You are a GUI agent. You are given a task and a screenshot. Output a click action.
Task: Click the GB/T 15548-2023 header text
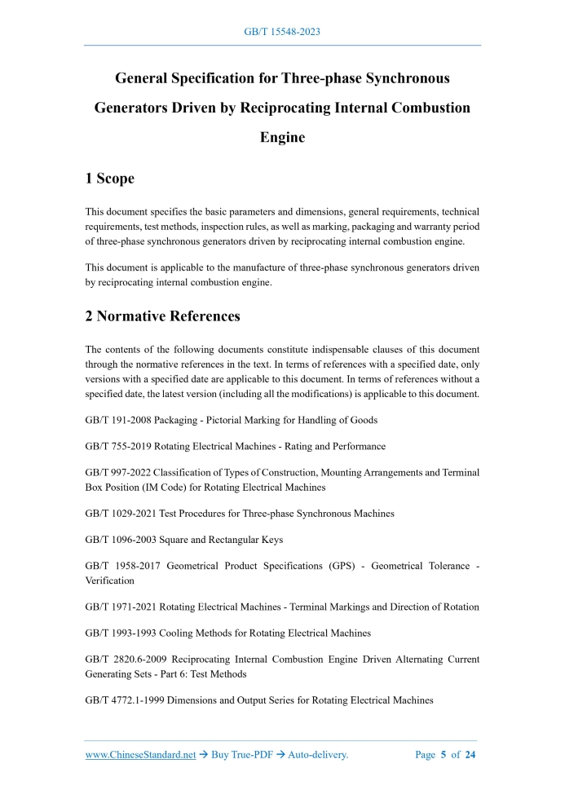pyautogui.click(x=282, y=32)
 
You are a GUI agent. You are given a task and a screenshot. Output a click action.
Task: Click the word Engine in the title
pyautogui.click(x=282, y=137)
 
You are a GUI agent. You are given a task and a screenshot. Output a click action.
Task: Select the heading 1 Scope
pyautogui.click(x=110, y=179)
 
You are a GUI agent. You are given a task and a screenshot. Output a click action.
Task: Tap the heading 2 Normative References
pyautogui.click(x=162, y=316)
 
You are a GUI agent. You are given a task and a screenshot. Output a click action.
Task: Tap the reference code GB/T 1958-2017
pyautogui.click(x=123, y=567)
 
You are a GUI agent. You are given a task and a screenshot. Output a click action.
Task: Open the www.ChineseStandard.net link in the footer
pyautogui.click(x=141, y=755)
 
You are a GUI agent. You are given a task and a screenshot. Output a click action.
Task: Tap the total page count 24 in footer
pyautogui.click(x=470, y=755)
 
